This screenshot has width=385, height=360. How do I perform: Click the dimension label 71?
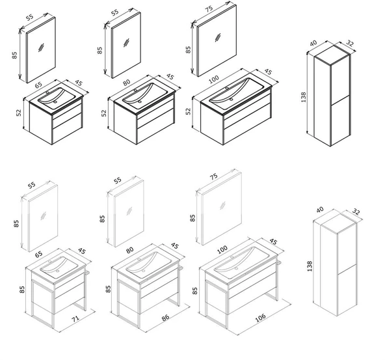coord(75,319)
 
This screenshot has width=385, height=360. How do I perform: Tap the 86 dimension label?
coord(165,317)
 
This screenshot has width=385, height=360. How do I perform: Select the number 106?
coord(260,318)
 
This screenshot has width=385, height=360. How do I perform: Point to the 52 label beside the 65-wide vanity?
coord(19,113)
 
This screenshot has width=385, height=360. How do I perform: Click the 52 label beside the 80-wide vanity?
coord(104,113)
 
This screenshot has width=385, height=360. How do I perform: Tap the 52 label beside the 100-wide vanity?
coord(188,111)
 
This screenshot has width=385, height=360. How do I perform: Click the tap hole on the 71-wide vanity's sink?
coord(50,262)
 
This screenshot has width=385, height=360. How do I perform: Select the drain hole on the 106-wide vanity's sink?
coord(237,269)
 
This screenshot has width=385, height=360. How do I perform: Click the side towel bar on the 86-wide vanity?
coord(181,268)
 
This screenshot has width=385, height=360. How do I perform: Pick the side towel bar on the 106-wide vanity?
coord(279,263)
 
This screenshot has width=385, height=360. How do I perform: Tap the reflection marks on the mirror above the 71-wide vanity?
coord(43,216)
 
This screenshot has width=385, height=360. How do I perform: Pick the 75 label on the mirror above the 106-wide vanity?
coord(214,176)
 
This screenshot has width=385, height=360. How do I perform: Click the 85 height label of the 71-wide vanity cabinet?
coord(22,289)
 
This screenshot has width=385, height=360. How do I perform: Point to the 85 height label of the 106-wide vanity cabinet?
coord(194,291)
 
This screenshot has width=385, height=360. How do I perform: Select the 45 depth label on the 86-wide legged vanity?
coord(174,245)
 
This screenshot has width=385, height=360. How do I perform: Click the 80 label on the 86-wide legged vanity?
coord(129,250)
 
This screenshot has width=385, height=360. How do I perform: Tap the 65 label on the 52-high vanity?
coord(38,85)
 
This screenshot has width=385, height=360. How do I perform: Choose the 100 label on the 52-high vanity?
coord(214,79)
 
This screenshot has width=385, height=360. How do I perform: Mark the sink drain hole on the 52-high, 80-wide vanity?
coord(140,102)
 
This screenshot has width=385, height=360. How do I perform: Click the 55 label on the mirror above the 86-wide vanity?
coord(118,180)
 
